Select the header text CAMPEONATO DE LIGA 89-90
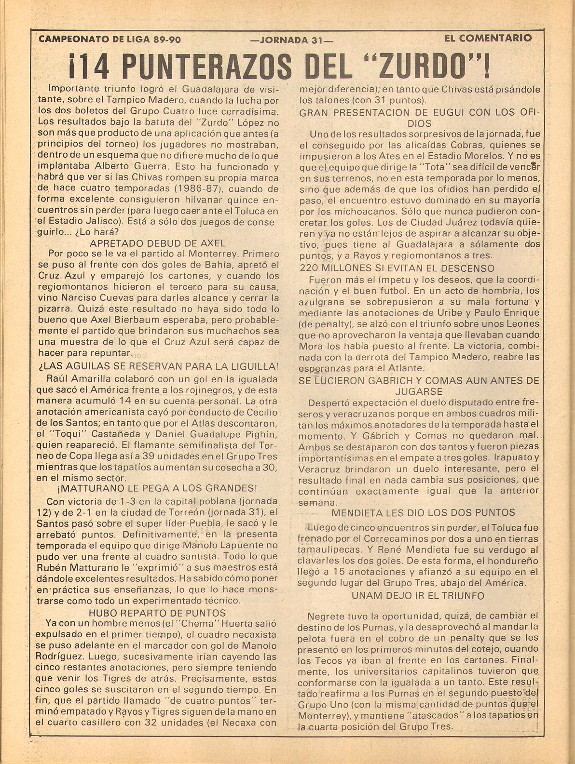110,39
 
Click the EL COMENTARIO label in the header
488,38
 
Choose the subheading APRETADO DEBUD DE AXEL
158,243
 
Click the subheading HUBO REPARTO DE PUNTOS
157,613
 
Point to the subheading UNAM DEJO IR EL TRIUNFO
418,595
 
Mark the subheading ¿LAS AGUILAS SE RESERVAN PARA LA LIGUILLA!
158,366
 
